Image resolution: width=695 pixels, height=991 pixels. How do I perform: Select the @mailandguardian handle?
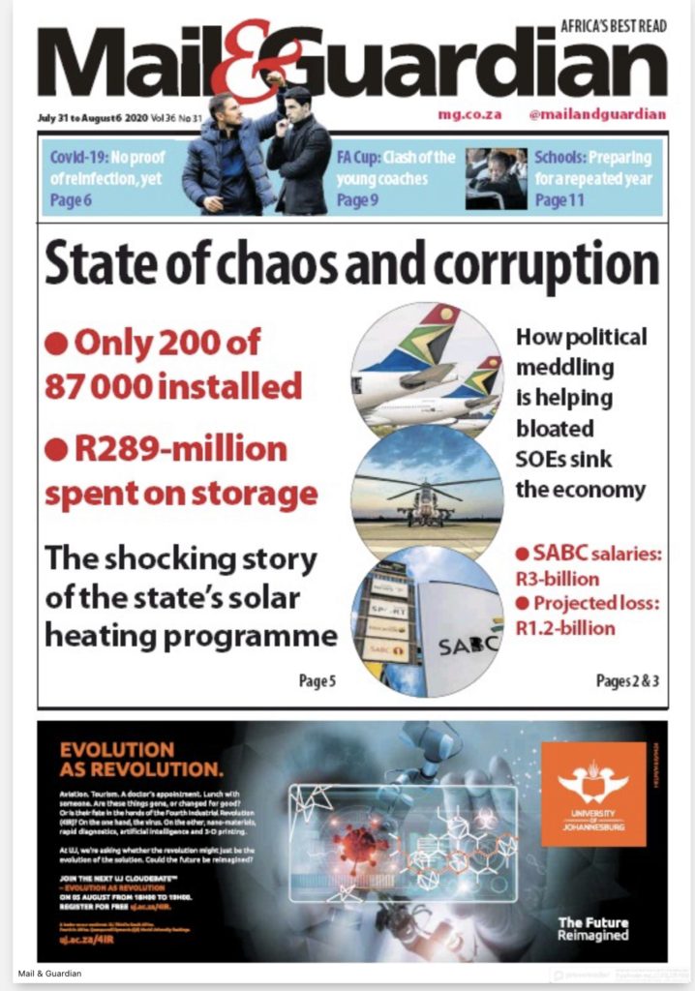click(x=597, y=114)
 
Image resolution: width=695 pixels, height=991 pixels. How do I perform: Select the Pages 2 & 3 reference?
click(x=627, y=681)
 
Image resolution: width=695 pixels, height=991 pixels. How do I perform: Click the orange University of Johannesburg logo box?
click(x=592, y=794)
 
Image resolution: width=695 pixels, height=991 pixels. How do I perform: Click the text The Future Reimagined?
click(x=592, y=929)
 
